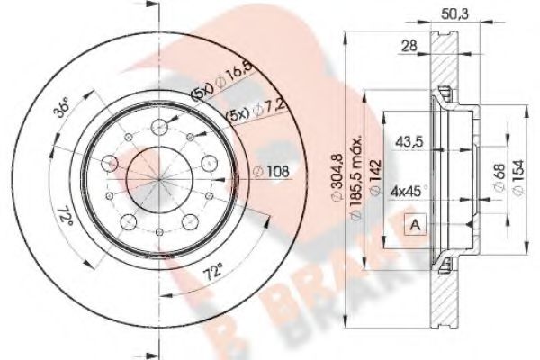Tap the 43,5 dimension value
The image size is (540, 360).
pyautogui.click(x=409, y=139)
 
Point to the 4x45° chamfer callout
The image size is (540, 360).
pyautogui.click(x=409, y=191)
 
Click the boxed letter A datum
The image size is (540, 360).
pyautogui.click(x=416, y=224)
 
